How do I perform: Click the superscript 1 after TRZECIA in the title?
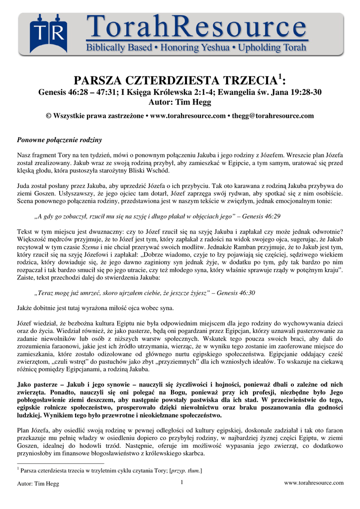click(279, 77)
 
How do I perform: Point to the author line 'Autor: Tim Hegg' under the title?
click(180, 102)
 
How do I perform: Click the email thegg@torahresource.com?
click(273, 116)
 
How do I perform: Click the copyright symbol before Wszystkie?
click(48, 116)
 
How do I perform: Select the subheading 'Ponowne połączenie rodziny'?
click(60, 140)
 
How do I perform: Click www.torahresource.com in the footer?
click(313, 483)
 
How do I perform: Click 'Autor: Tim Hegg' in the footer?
click(38, 484)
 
